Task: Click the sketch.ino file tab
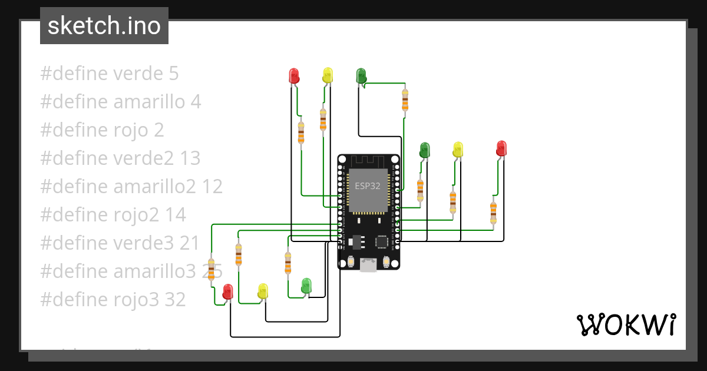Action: [x=104, y=26]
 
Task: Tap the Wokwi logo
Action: [x=626, y=324]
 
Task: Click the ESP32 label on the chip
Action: [x=367, y=185]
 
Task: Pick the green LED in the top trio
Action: [x=361, y=76]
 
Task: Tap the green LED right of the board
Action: [x=424, y=150]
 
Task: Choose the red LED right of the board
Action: [x=501, y=148]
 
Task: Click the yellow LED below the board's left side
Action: [x=263, y=290]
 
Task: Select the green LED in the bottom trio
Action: [x=306, y=286]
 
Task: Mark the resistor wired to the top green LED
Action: [x=405, y=100]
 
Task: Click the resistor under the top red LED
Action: [x=302, y=132]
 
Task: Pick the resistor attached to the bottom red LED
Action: [x=211, y=270]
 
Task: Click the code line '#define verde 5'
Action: [x=110, y=74]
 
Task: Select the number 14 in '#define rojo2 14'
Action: [x=175, y=215]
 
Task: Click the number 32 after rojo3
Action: [x=175, y=300]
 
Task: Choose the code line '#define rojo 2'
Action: [x=102, y=130]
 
